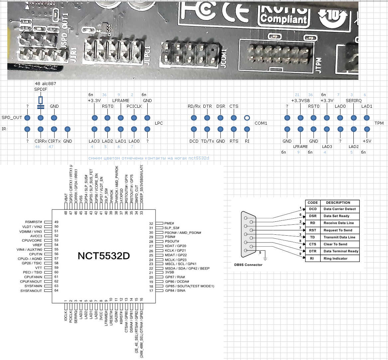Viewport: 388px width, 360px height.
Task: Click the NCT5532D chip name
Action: click(x=104, y=256)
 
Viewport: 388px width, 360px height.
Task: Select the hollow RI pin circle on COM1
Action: click(x=247, y=118)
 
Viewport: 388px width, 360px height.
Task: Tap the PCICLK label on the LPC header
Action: click(x=134, y=106)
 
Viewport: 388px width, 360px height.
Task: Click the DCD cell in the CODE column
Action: click(x=313, y=209)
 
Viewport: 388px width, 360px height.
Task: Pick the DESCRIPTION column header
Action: click(x=338, y=202)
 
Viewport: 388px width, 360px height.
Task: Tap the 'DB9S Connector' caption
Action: click(x=248, y=265)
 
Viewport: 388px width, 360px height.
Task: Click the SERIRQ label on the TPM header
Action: click(x=353, y=100)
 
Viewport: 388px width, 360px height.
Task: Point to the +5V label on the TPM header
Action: click(x=367, y=141)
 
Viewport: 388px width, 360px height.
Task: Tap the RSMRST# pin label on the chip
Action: click(x=33, y=222)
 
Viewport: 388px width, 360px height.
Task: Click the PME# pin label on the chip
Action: click(x=169, y=223)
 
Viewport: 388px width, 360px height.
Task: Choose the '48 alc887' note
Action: click(x=45, y=83)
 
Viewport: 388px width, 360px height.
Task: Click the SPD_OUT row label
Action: click(x=12, y=118)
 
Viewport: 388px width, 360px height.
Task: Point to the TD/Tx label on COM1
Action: click(x=207, y=141)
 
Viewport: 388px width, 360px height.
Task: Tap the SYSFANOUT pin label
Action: click(x=31, y=291)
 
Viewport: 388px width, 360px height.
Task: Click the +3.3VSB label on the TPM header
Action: click(x=300, y=100)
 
